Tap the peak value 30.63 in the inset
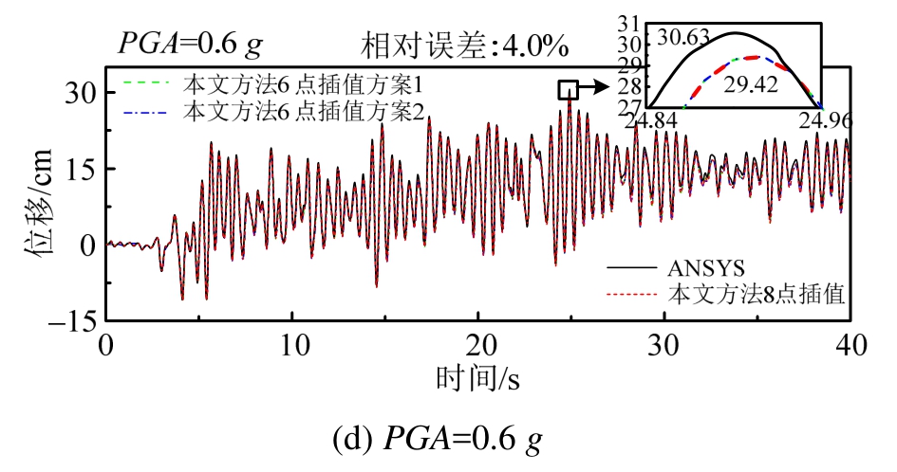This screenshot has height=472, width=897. [682, 39]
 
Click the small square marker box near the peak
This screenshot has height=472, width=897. [568, 89]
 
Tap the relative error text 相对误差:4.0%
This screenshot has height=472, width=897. [464, 45]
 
